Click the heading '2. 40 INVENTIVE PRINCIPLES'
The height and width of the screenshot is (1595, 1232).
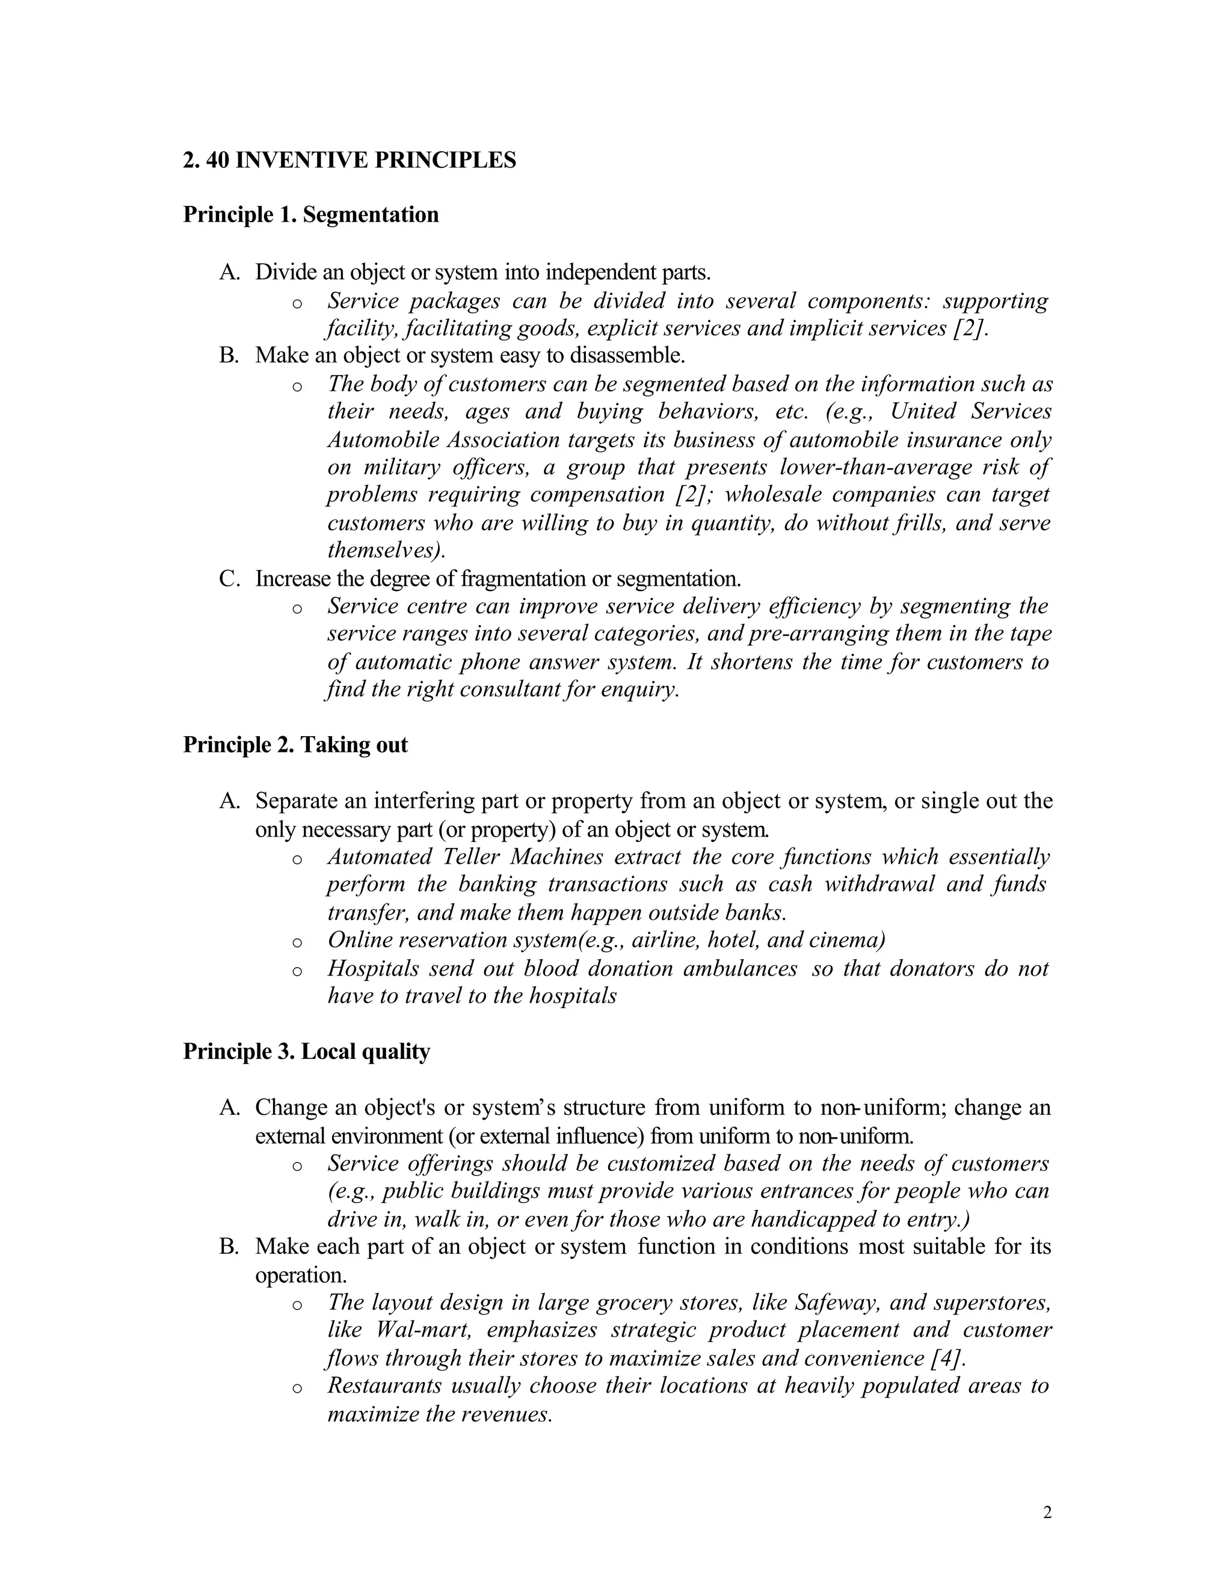pos(349,160)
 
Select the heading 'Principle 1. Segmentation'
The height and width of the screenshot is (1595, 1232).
pos(311,215)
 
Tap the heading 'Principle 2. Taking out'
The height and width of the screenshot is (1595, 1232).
pos(295,745)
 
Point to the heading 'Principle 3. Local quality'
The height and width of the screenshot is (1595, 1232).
pos(307,1051)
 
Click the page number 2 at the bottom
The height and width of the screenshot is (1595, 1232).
pos(1047,1513)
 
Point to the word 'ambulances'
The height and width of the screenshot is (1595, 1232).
pos(748,968)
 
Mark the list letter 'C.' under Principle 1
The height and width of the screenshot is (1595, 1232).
pos(229,579)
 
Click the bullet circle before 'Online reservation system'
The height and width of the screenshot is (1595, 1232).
pos(297,942)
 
